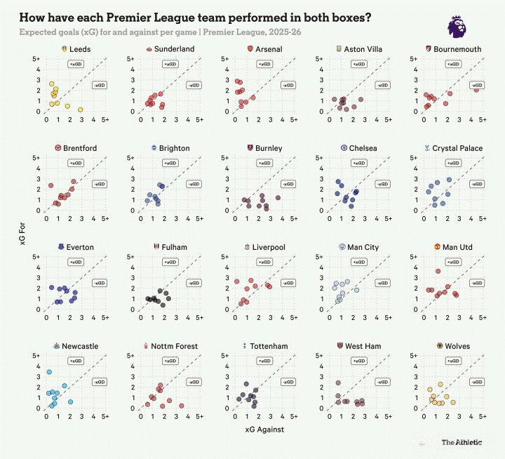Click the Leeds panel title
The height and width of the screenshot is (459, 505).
click(x=80, y=49)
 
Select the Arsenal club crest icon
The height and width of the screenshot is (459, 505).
click(x=250, y=49)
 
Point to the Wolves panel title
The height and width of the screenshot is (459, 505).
click(x=457, y=346)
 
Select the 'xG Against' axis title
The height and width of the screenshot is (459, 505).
click(x=264, y=430)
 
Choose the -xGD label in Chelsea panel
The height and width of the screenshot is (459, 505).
click(x=382, y=184)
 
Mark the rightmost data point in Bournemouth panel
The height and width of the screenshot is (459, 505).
click(x=476, y=89)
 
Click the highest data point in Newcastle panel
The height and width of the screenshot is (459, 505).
click(x=49, y=372)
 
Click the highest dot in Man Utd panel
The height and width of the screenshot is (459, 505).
click(x=438, y=272)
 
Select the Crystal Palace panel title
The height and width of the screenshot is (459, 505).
click(x=457, y=148)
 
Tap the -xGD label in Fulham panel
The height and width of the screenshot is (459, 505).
click(x=193, y=283)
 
